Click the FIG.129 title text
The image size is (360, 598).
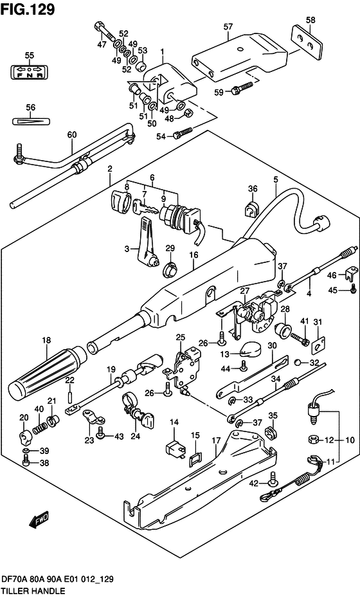pos(28,9)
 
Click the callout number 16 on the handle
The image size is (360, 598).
pos(192,255)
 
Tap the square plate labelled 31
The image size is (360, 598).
pos(317,346)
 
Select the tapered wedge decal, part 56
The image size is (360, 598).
pos(28,121)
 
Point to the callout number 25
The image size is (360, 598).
pos(181,337)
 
